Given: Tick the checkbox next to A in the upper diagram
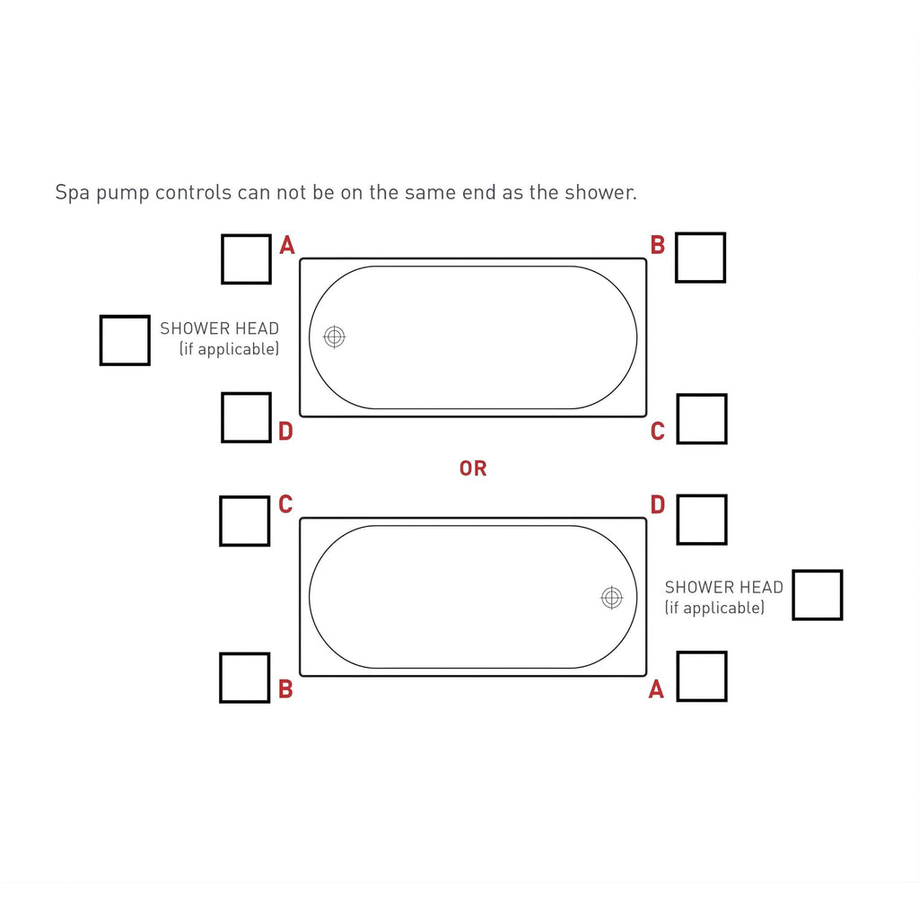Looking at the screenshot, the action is tap(246, 259).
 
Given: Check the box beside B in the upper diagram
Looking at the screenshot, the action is tap(700, 258).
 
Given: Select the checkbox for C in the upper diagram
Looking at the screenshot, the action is tap(702, 419).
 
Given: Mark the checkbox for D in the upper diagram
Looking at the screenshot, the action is tap(246, 417).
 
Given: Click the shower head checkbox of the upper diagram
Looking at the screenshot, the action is tap(125, 340).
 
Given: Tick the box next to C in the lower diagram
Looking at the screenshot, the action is tap(244, 521).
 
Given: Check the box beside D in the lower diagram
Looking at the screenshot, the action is tap(702, 520).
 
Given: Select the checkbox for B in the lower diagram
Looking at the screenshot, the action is tap(244, 678).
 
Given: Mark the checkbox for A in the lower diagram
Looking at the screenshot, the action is tap(702, 677).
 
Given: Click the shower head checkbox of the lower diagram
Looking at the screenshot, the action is tap(817, 595).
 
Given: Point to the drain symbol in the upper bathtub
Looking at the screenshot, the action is tap(335, 337).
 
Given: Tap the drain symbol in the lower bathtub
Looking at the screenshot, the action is tap(612, 598).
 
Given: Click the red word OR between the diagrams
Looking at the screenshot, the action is tap(473, 468).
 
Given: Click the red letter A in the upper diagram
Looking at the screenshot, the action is tap(286, 245).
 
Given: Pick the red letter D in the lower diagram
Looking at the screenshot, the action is tap(658, 504).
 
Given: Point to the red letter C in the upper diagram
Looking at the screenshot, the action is tap(658, 432).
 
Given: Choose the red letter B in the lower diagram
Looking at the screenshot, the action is tap(285, 689).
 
